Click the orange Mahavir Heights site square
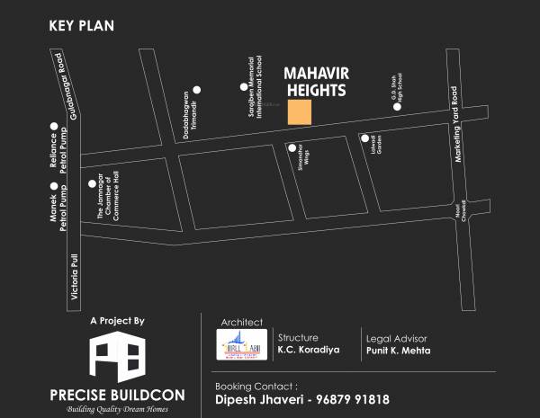(300, 112)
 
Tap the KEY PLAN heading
(81, 25)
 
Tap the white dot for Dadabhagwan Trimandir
(197, 89)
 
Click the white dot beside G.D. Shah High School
(396, 106)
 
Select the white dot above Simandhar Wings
(292, 147)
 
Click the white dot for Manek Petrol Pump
(54, 186)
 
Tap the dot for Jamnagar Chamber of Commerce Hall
(91, 183)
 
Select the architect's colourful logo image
(242, 344)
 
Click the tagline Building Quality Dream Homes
(117, 408)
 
